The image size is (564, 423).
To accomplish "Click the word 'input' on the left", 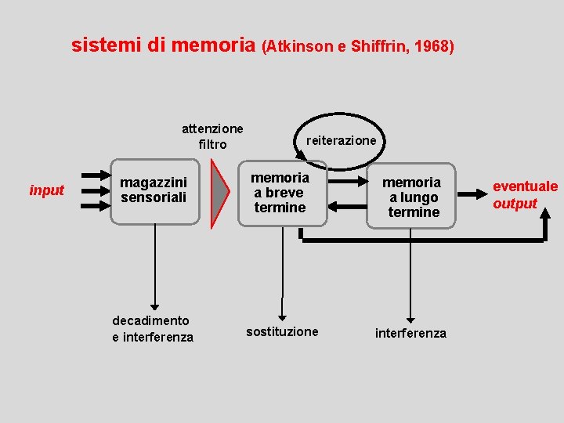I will coord(46,190).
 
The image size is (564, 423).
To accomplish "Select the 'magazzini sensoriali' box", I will coord(154,192).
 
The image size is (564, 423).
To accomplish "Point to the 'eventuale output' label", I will coord(525,195).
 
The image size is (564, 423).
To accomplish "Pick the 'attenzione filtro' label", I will coord(212,136).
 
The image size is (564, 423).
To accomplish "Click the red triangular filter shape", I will coord(222,194).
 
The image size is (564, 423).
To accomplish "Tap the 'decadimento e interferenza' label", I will coord(153,329).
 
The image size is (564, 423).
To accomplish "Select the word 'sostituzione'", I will coord(282,331).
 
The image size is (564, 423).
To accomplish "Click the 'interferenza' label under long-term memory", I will coord(410,334).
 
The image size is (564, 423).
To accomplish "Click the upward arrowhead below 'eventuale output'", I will coord(543,223).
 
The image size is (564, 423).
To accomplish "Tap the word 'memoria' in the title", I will coord(212,45).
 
